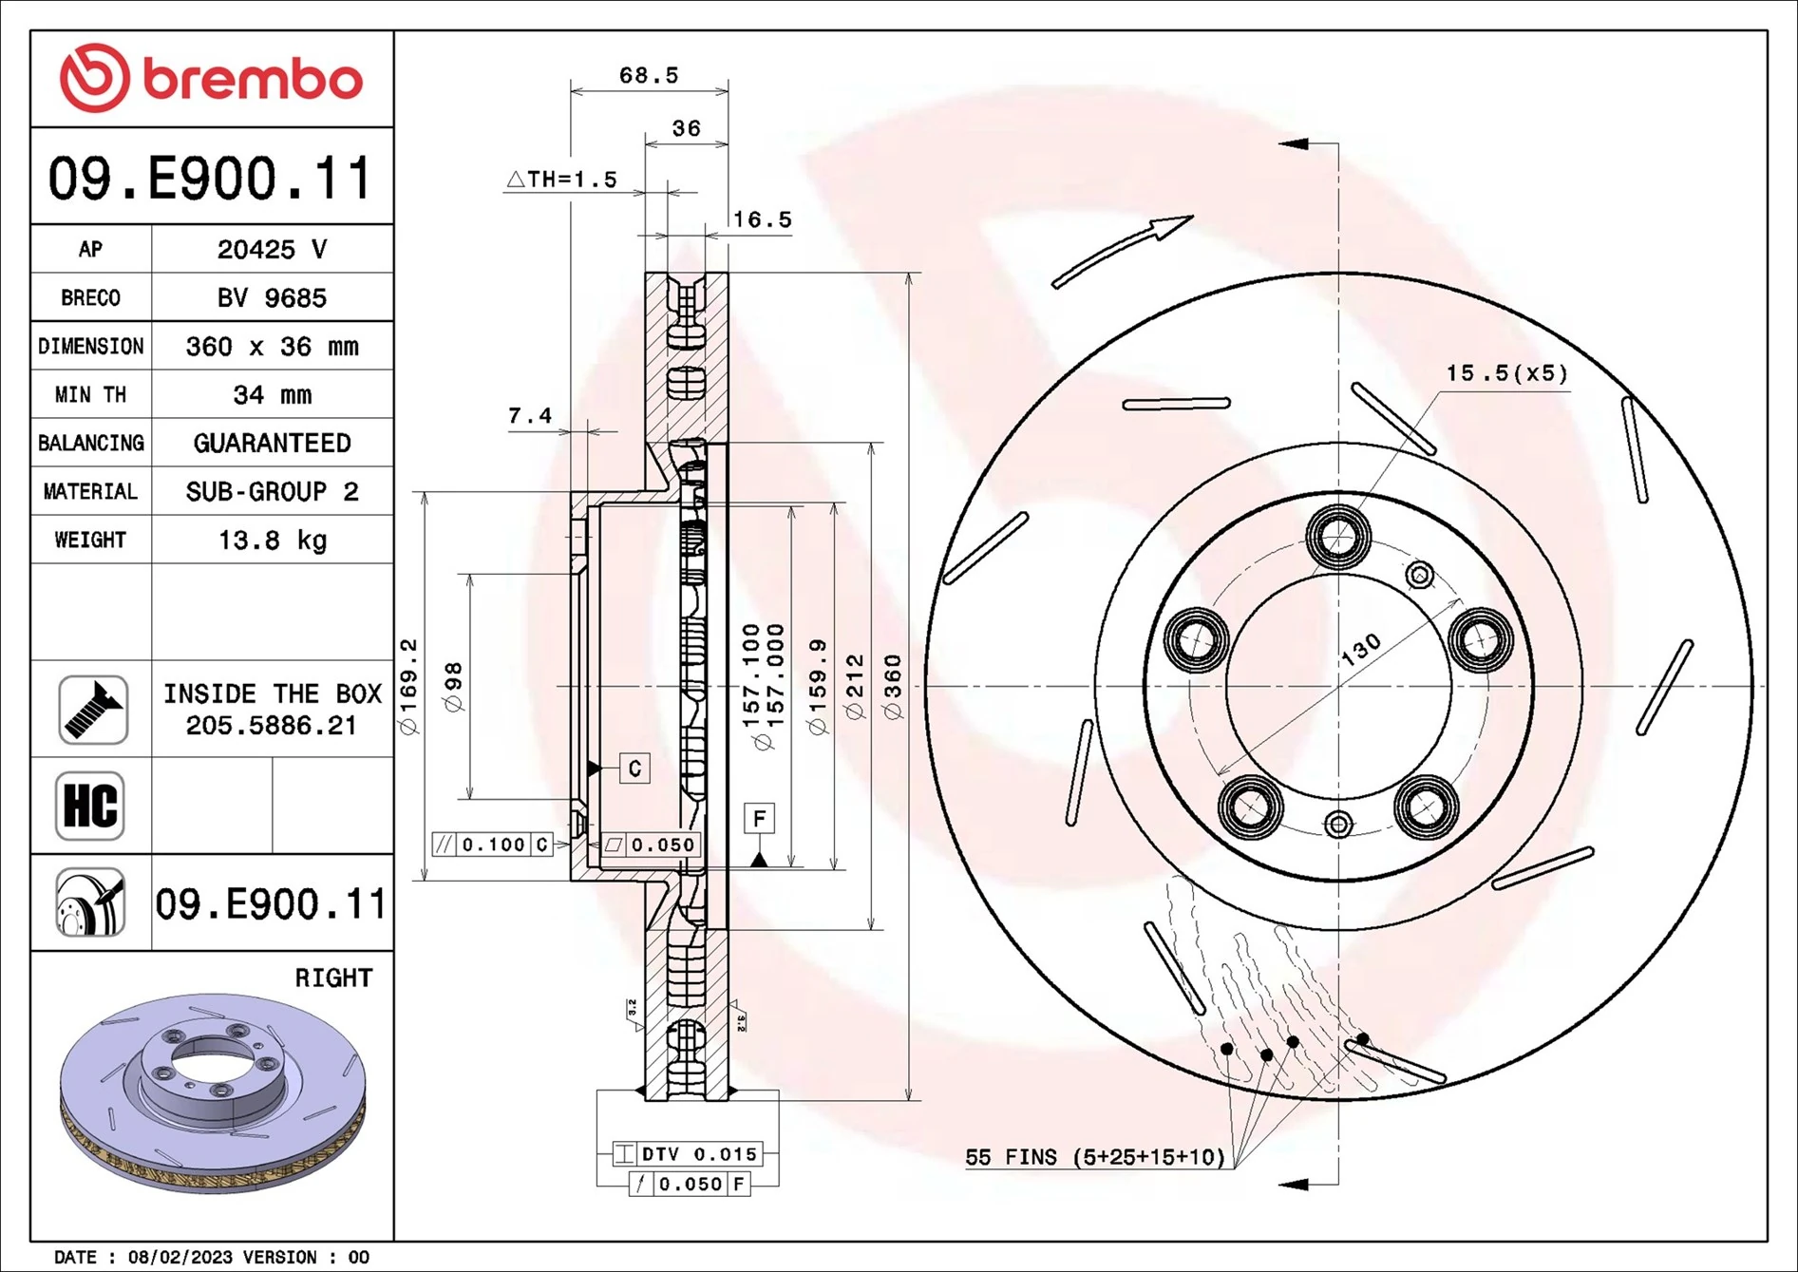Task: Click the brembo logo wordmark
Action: (252, 79)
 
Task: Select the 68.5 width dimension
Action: (649, 75)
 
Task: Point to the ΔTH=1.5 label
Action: (562, 180)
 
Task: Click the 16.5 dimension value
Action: (762, 219)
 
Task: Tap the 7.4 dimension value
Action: (529, 416)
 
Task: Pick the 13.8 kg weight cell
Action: (272, 541)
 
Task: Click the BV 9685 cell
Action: (272, 298)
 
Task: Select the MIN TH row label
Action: (90, 395)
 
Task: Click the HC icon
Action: (90, 806)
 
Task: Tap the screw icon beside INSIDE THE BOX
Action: (92, 710)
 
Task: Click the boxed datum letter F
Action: (759, 818)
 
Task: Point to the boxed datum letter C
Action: (634, 768)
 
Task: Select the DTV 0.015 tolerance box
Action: (689, 1154)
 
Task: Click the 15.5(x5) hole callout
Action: (1505, 373)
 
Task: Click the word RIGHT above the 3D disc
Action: (333, 978)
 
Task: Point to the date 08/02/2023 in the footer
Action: (180, 1257)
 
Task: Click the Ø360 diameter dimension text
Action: (892, 686)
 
